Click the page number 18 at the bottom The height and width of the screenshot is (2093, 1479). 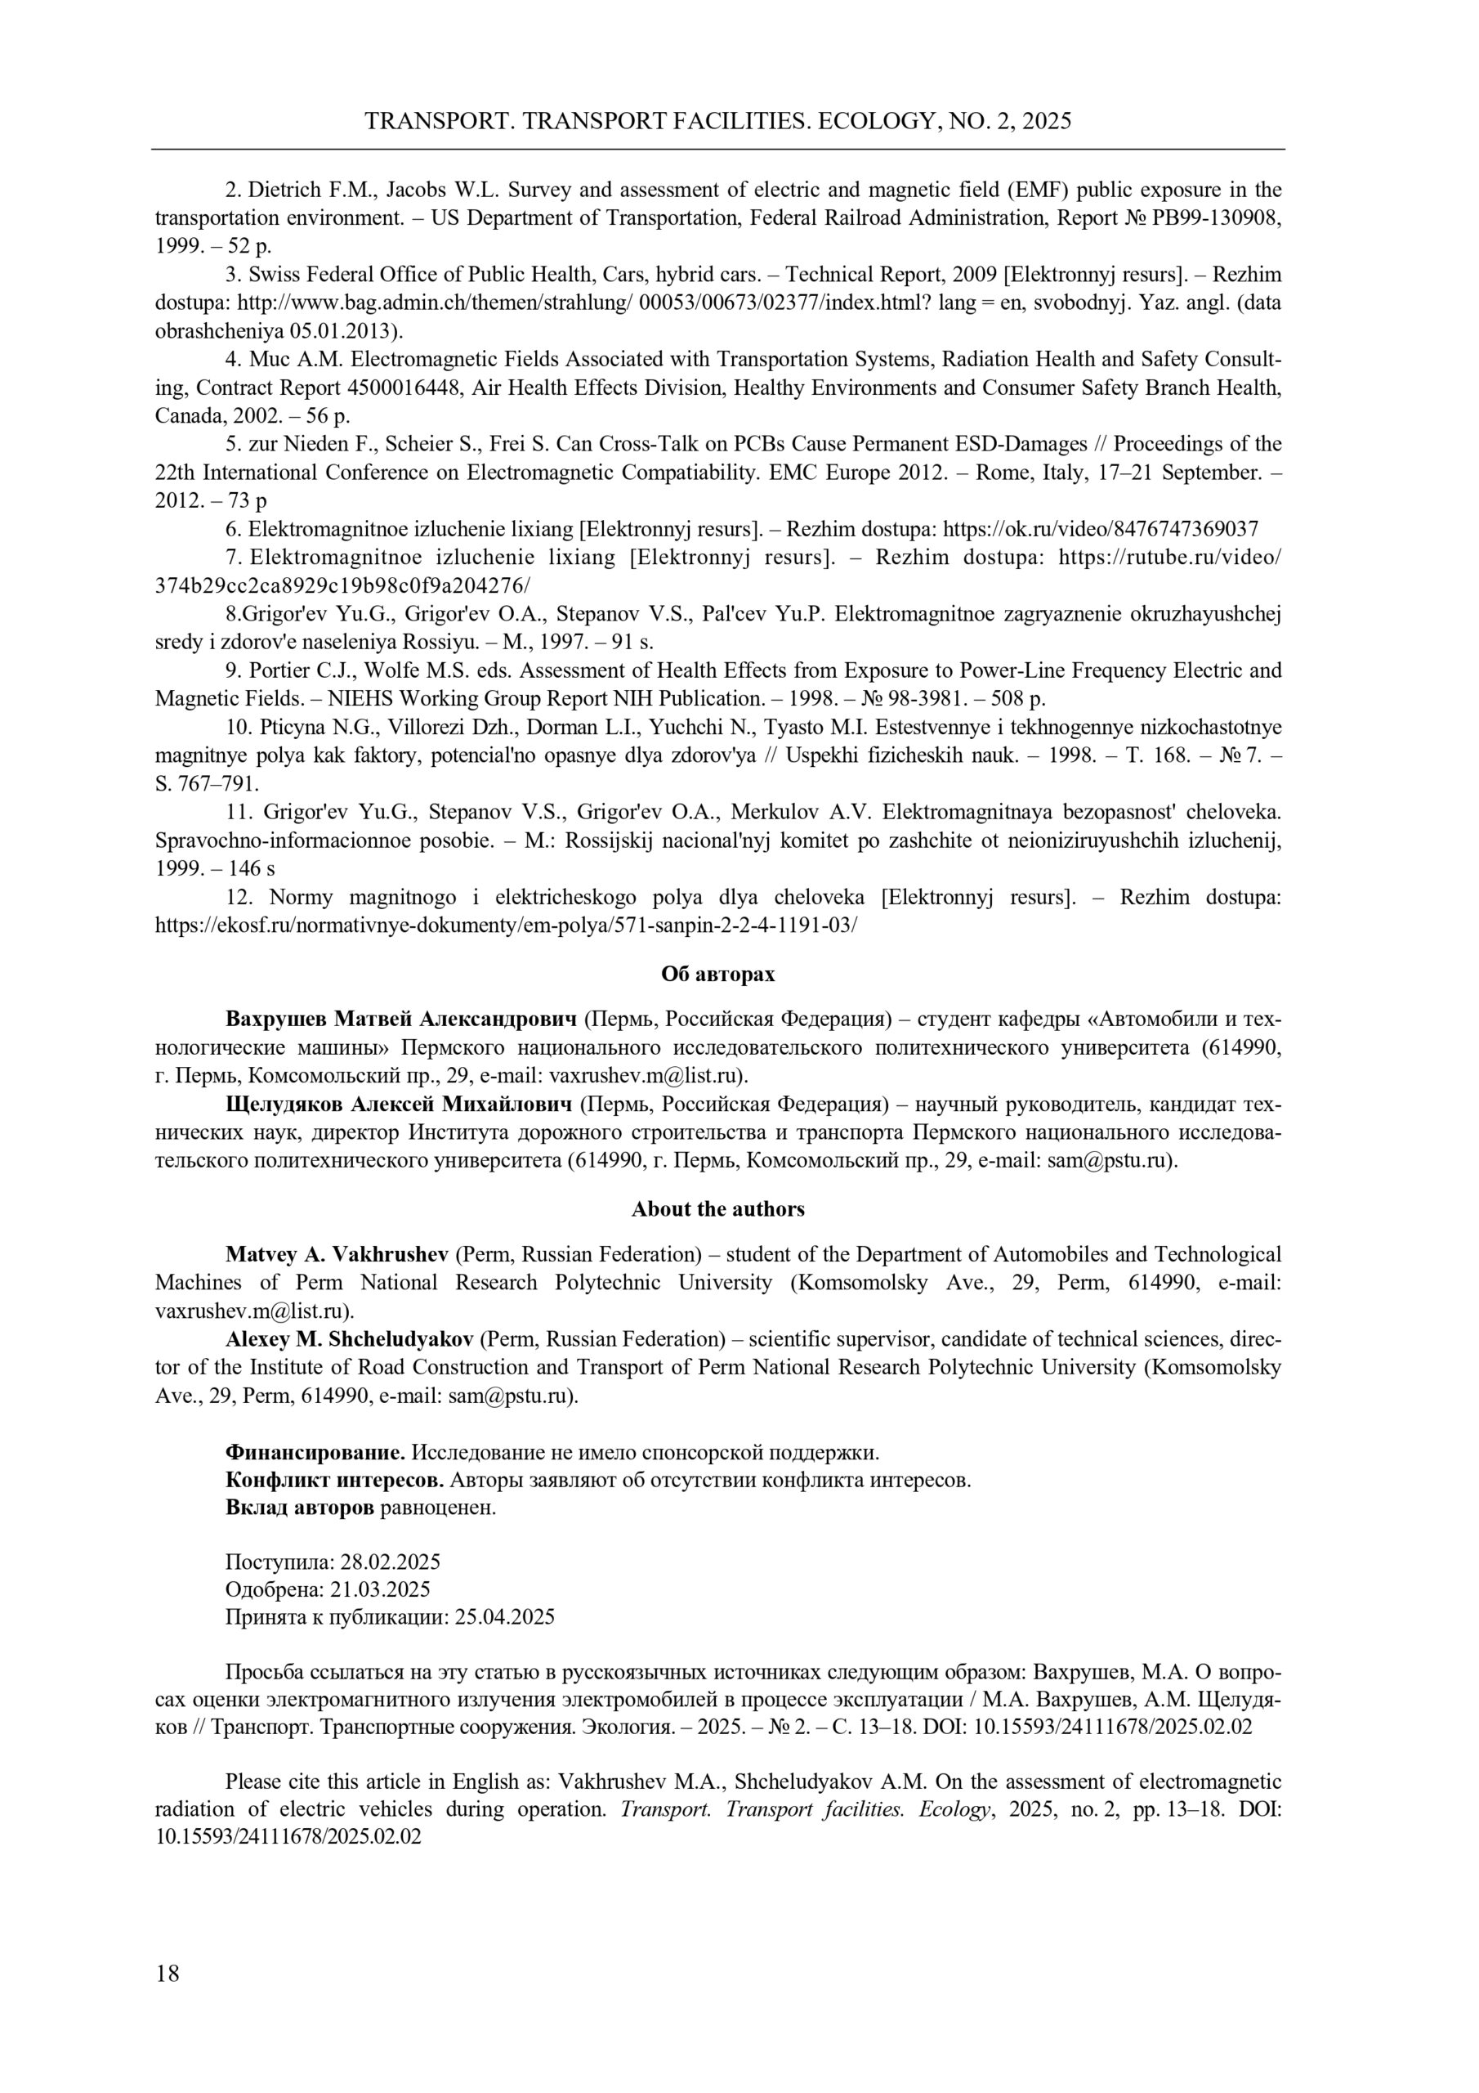(168, 1973)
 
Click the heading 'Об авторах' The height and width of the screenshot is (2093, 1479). (718, 974)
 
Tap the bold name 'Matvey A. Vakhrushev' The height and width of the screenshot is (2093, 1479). (337, 1254)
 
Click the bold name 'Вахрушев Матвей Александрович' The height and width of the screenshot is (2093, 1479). (401, 1018)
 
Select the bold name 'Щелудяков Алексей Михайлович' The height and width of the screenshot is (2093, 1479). (399, 1105)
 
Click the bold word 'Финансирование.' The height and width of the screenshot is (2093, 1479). (315, 1451)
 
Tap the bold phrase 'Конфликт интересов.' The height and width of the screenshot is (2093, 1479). (334, 1480)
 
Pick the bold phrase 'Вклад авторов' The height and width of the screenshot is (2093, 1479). (299, 1508)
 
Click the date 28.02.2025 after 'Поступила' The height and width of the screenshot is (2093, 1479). (390, 1562)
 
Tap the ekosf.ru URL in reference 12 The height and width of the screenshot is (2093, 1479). (506, 925)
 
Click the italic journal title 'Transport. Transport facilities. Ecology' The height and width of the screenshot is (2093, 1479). (806, 1809)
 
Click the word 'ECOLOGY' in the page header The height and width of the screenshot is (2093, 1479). (878, 121)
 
